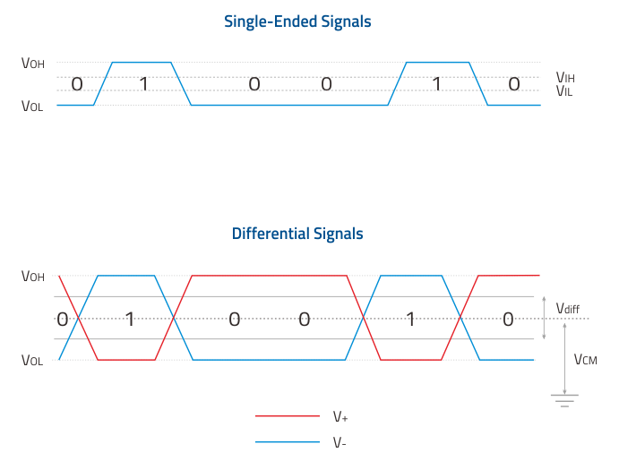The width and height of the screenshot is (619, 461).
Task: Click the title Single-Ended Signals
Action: click(x=297, y=21)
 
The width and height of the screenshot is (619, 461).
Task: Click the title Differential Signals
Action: click(x=297, y=234)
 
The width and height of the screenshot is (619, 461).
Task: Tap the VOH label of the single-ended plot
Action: click(x=33, y=63)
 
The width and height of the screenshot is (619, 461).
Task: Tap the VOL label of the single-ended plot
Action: click(x=32, y=106)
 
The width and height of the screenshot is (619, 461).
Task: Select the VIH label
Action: click(x=565, y=77)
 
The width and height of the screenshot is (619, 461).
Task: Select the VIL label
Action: click(x=564, y=91)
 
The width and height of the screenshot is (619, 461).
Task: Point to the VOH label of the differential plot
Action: click(x=33, y=276)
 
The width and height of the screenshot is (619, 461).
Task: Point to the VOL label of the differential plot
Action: click(x=32, y=360)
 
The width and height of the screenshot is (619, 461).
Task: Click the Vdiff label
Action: click(x=568, y=308)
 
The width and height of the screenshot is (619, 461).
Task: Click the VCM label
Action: click(x=586, y=360)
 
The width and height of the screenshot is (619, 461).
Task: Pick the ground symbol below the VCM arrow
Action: click(x=564, y=400)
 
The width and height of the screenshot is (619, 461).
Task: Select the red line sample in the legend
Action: click(x=288, y=415)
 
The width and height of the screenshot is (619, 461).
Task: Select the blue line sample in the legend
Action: click(x=288, y=441)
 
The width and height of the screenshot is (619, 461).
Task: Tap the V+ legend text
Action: click(x=340, y=416)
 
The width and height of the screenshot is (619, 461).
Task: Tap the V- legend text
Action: click(x=340, y=442)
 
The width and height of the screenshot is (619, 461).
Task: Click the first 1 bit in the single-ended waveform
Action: click(x=143, y=84)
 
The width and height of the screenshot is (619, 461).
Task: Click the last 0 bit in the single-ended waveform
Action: click(x=514, y=84)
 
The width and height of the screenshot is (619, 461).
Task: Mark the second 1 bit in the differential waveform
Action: click(x=410, y=319)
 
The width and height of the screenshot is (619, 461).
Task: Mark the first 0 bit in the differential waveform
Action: click(x=63, y=319)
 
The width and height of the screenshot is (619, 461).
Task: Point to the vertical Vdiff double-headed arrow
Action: click(x=544, y=318)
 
